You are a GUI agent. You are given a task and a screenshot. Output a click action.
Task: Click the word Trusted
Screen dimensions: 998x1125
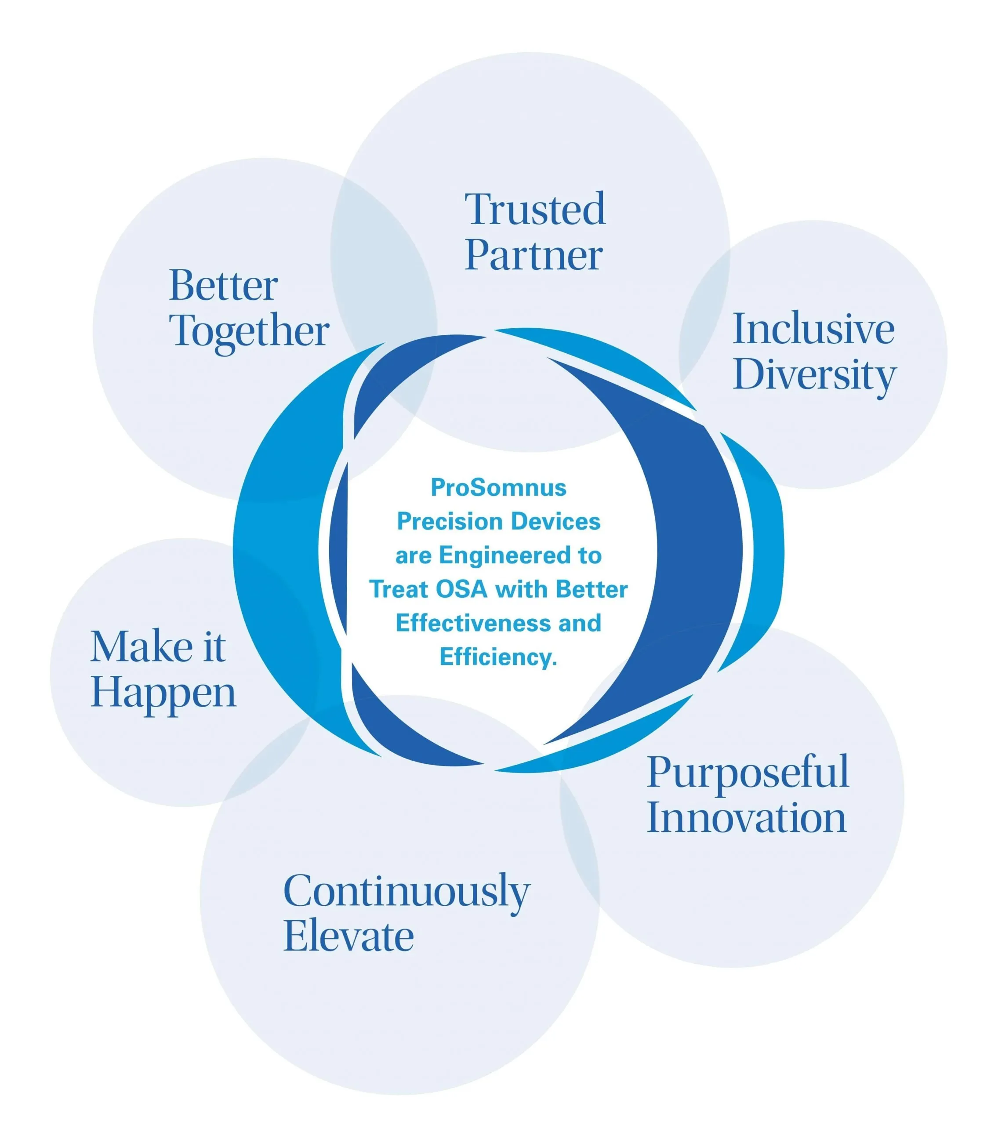535,209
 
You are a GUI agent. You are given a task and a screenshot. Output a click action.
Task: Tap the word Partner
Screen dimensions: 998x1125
533,256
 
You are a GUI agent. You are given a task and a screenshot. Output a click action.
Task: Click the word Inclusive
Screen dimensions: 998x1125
813,329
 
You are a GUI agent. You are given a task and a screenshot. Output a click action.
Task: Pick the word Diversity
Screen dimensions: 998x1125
815,377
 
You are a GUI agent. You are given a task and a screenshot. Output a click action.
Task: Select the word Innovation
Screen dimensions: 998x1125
747,818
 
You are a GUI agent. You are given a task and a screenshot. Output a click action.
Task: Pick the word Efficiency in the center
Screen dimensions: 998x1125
498,657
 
